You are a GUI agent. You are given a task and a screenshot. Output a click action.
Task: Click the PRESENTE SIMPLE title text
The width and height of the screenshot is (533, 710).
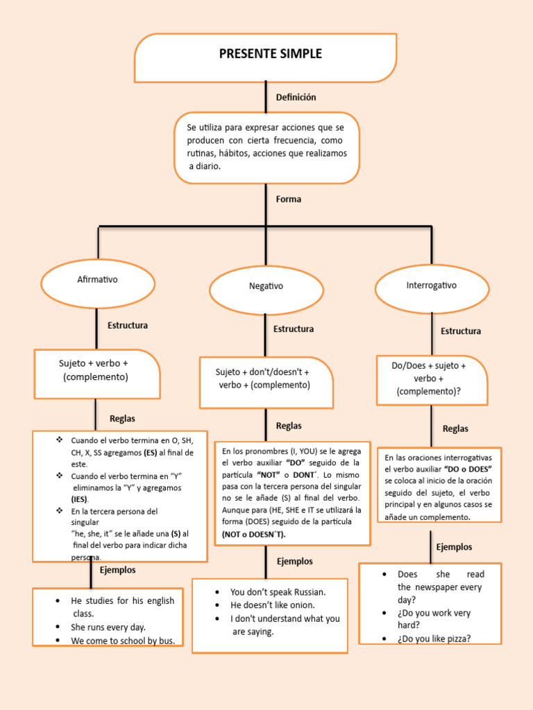pos(270,54)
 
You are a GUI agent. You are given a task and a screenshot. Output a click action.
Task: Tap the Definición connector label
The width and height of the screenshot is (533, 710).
pos(296,98)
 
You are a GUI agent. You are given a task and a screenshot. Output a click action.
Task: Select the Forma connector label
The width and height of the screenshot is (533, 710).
pos(289,199)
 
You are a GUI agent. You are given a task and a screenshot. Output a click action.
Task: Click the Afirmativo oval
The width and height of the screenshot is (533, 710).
pos(97,280)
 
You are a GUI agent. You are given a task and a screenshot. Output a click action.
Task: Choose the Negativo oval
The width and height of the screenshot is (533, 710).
pos(266,286)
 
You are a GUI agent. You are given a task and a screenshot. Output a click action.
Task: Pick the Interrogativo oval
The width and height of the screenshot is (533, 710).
pos(431,286)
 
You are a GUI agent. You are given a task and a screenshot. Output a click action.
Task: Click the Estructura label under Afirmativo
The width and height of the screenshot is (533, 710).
pos(127,325)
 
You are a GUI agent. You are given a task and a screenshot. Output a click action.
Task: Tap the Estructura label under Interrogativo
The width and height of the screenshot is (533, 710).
pos(460,331)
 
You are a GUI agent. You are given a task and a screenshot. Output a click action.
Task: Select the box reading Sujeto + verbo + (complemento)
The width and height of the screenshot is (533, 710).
pos(96,371)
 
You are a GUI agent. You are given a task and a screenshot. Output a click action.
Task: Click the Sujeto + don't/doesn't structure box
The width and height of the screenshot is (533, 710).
pos(264,379)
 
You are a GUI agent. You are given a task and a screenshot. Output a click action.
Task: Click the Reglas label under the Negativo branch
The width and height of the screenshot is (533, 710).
pos(289,426)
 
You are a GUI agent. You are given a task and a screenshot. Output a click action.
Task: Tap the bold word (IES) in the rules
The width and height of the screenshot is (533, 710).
pos(80,499)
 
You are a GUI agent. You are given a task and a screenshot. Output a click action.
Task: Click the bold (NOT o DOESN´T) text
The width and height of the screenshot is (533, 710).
pos(253,535)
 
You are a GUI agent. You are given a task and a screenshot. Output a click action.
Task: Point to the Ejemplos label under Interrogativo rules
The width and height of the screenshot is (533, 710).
pos(454,547)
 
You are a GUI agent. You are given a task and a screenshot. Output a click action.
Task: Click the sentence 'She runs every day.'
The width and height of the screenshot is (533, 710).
pos(108,627)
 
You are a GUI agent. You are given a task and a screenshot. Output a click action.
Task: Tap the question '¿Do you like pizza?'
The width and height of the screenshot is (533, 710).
pos(434,639)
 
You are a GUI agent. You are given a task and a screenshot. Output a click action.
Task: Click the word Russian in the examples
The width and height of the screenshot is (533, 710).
pos(307,592)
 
